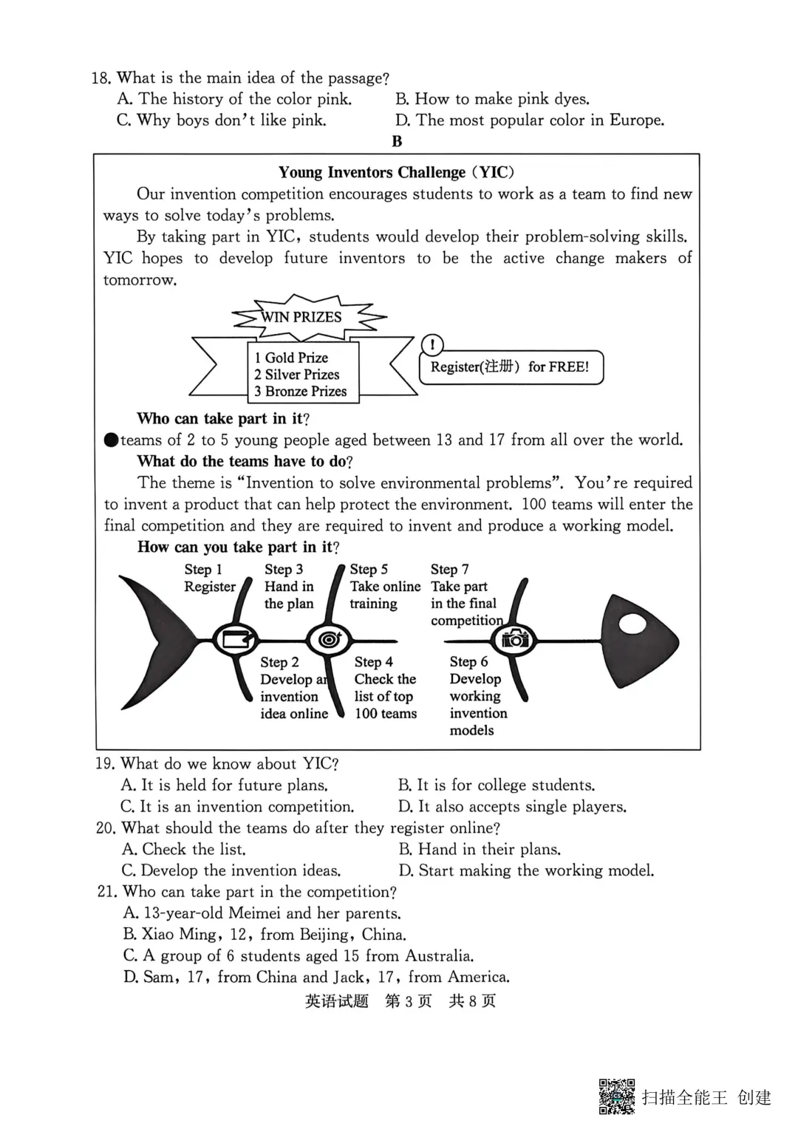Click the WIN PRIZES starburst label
click(x=301, y=317)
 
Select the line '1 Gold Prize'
click(x=291, y=358)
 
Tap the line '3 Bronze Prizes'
click(x=300, y=392)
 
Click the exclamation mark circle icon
click(x=432, y=344)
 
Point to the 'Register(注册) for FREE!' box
click(x=511, y=367)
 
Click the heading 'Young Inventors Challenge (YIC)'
click(x=396, y=172)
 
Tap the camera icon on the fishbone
click(x=515, y=638)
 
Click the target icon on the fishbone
click(x=328, y=638)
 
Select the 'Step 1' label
click(x=203, y=570)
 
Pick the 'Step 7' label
click(x=449, y=570)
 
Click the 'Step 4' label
click(x=373, y=662)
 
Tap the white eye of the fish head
click(x=632, y=624)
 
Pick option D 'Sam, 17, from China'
click(x=316, y=978)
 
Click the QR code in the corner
click(x=617, y=1096)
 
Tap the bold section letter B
click(x=397, y=141)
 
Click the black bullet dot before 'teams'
click(x=111, y=440)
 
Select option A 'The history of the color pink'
click(x=234, y=99)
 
